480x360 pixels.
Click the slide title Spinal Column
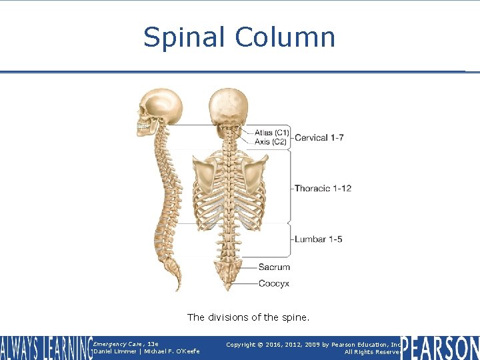tap(239, 37)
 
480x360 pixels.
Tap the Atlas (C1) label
tap(271, 133)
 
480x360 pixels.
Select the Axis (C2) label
tap(271, 142)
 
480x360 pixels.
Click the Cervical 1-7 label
tap(319, 138)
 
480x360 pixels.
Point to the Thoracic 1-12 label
tap(323, 189)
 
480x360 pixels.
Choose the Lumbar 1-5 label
tap(318, 239)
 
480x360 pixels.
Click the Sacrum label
tap(275, 267)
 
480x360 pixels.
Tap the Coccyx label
tap(274, 283)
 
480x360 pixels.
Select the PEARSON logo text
tap(440, 348)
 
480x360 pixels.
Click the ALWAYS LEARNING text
tap(45, 348)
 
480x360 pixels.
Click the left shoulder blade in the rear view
tap(205, 175)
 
